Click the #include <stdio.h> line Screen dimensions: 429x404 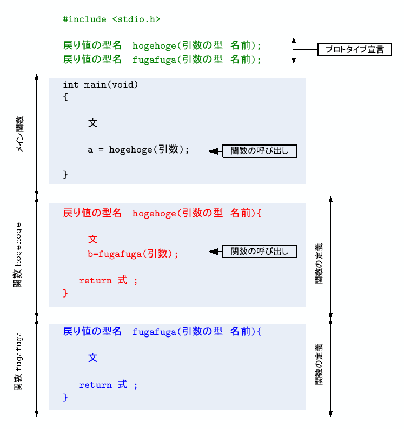[x=111, y=19]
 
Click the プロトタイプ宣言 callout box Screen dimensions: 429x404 [x=354, y=50]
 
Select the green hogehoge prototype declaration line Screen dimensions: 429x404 [x=162, y=45]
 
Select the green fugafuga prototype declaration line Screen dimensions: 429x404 [x=162, y=59]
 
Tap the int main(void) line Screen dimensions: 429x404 [x=101, y=85]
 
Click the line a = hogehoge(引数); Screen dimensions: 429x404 [x=139, y=150]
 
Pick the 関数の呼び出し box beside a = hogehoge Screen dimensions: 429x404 [x=260, y=151]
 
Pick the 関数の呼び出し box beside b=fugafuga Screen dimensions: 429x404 [x=260, y=251]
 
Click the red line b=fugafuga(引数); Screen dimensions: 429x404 [x=133, y=253]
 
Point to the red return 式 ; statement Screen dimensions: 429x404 [x=108, y=280]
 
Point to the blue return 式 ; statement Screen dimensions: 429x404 [x=108, y=385]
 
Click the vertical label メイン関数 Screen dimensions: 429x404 [x=19, y=134]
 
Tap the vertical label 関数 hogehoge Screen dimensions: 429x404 [x=18, y=255]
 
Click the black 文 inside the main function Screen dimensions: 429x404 [x=93, y=123]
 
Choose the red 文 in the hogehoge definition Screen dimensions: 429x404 [x=93, y=239]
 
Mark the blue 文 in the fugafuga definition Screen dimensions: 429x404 [x=93, y=358]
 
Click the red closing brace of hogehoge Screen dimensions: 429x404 [x=65, y=293]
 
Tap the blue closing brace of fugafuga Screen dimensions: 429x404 [x=65, y=398]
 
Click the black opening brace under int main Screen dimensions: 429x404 [x=65, y=97]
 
